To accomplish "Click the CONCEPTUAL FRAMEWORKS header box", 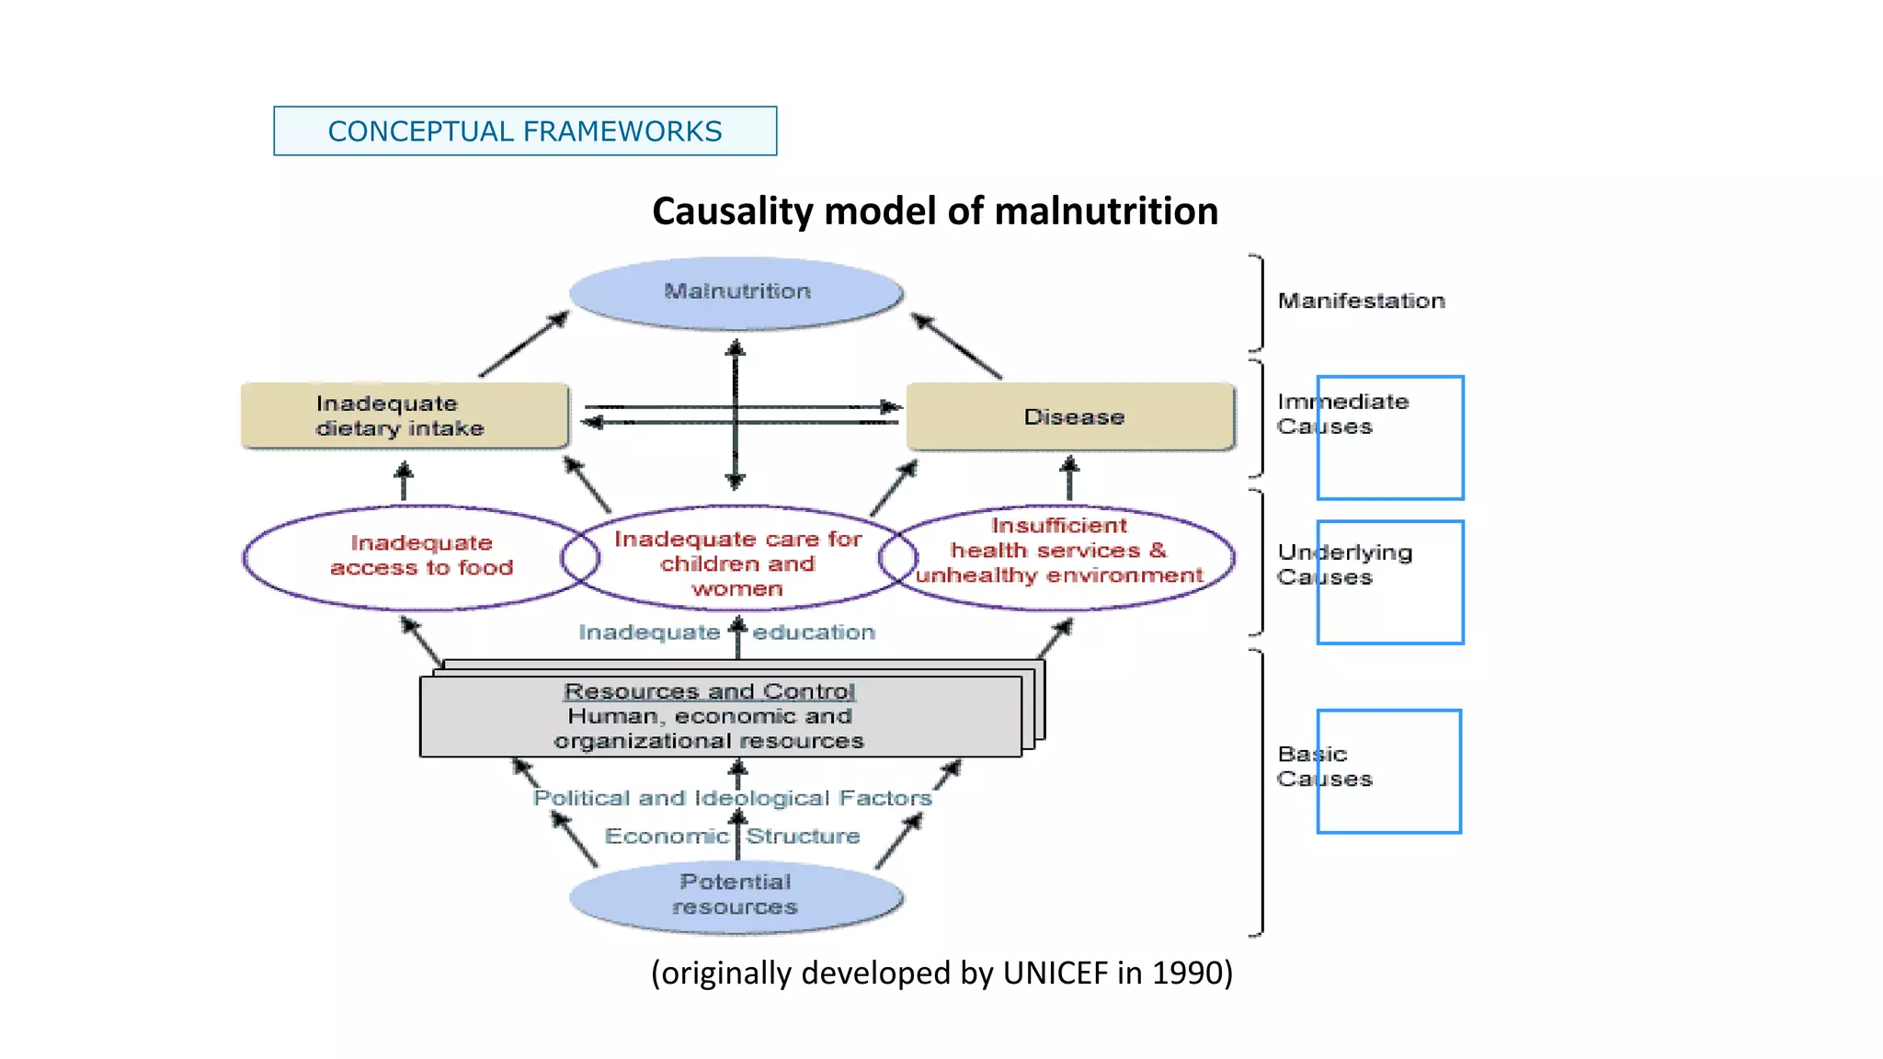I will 524,131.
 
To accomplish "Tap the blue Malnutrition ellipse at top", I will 736,292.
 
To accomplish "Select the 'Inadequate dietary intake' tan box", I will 403,416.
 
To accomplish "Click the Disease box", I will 1072,417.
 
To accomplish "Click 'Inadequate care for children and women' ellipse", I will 737,563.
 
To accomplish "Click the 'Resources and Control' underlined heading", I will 709,691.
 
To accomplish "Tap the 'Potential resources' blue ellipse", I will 736,895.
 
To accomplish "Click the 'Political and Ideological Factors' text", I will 732,798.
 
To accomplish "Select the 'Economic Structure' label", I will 732,836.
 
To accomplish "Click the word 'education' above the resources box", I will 814,632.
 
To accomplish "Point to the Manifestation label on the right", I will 1361,302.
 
